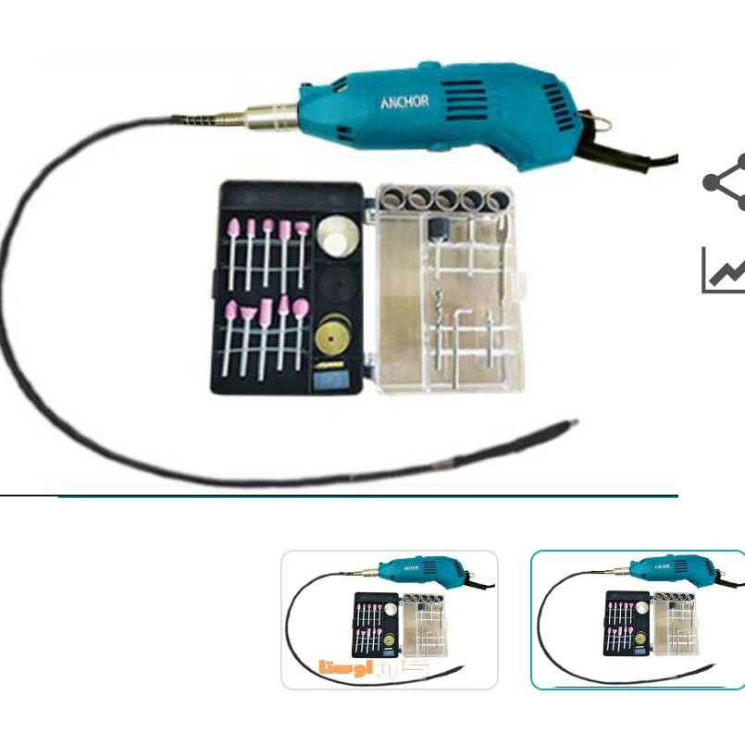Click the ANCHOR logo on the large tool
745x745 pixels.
pyautogui.click(x=404, y=102)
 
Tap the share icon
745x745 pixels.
pyautogui.click(x=725, y=182)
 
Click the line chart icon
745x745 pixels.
pyautogui.click(x=724, y=269)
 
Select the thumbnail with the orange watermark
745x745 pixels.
pyautogui.click(x=389, y=620)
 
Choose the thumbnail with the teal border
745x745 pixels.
pyautogui.click(x=638, y=620)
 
